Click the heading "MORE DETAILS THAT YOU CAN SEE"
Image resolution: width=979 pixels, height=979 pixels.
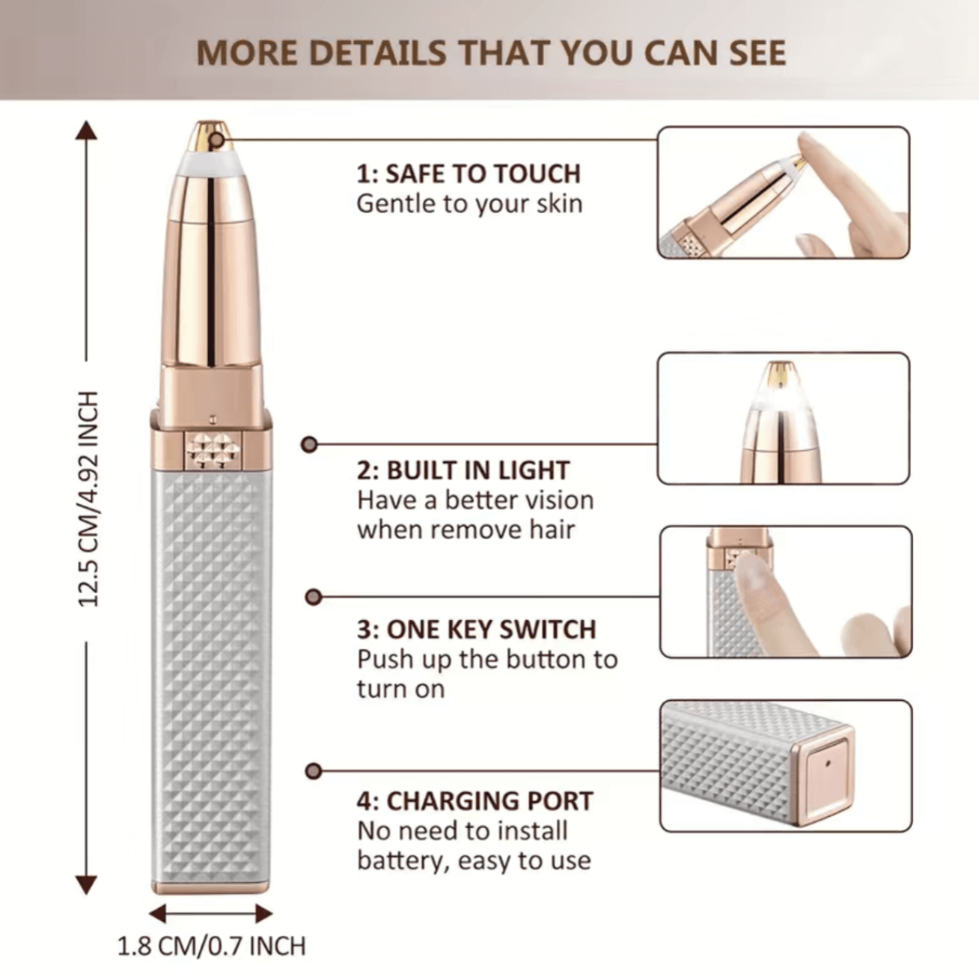tap(491, 53)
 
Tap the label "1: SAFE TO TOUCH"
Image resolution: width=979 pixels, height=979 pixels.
tap(468, 174)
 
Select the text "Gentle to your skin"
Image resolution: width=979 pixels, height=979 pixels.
tap(469, 204)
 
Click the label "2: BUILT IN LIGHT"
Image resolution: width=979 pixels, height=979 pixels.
tap(463, 471)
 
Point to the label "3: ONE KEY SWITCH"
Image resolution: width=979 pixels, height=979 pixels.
tap(476, 630)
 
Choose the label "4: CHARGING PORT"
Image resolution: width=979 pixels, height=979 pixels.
tap(475, 802)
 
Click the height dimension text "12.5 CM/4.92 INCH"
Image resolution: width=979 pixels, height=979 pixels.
tap(88, 499)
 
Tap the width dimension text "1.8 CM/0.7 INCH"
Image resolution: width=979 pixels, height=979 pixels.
tap(211, 946)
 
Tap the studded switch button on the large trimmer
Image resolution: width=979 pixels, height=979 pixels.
tap(213, 450)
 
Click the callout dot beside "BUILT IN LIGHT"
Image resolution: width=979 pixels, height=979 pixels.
tap(309, 445)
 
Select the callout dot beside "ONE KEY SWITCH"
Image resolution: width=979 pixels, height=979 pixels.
tap(313, 597)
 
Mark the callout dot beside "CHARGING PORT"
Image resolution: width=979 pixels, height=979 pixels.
tap(313, 771)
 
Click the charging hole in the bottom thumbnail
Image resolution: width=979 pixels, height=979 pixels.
tap(829, 763)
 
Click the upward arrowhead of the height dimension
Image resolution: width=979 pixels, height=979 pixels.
tap(86, 130)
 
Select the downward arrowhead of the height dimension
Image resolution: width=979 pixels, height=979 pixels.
tap(86, 885)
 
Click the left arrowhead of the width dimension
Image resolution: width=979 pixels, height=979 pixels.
tap(157, 914)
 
